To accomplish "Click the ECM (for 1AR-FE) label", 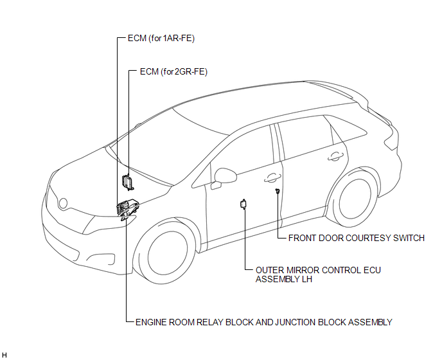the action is point(161,38).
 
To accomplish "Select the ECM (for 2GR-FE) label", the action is point(173,71).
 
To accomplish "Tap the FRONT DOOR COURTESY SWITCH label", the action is point(357,238).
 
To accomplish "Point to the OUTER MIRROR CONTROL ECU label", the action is point(318,274).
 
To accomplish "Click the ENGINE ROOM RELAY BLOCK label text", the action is point(264,322).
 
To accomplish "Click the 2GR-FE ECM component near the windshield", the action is point(127,182).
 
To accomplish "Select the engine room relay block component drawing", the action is point(128,209).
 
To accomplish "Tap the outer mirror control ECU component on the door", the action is point(243,204).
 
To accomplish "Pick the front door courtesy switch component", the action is point(278,191).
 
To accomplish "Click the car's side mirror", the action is point(225,176).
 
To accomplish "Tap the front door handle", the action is point(272,177).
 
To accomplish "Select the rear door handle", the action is point(335,156).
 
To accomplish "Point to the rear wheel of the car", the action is point(355,199).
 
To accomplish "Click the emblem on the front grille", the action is point(63,203).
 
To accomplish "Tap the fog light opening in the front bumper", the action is point(101,258).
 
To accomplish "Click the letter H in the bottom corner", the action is point(4,355).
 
